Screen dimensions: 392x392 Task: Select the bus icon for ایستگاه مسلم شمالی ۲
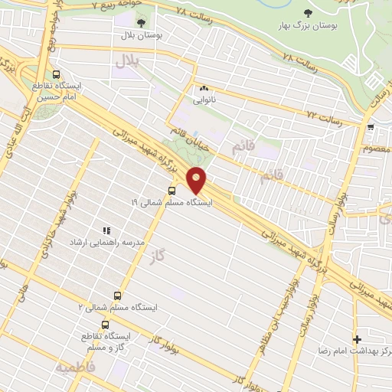(117, 295)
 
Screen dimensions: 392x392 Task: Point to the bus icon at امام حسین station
(56, 74)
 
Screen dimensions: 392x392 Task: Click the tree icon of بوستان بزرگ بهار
(308, 13)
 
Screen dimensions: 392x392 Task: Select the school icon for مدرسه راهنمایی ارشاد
(106, 230)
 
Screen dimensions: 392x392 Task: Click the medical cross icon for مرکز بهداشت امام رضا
(358, 338)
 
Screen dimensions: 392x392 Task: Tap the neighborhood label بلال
(125, 60)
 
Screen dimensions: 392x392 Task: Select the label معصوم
(378, 148)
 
